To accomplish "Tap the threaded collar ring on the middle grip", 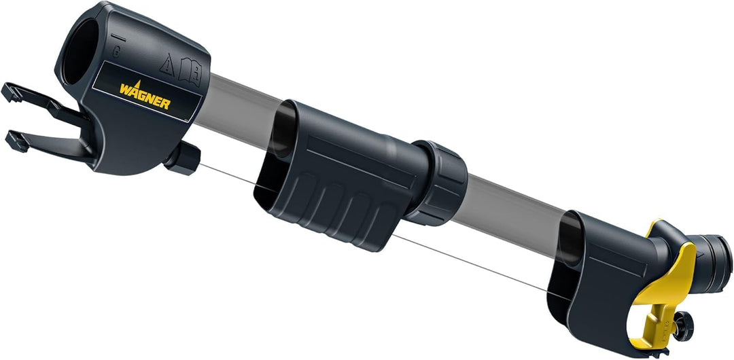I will click(441, 183).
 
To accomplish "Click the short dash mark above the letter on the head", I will click(117, 34).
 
